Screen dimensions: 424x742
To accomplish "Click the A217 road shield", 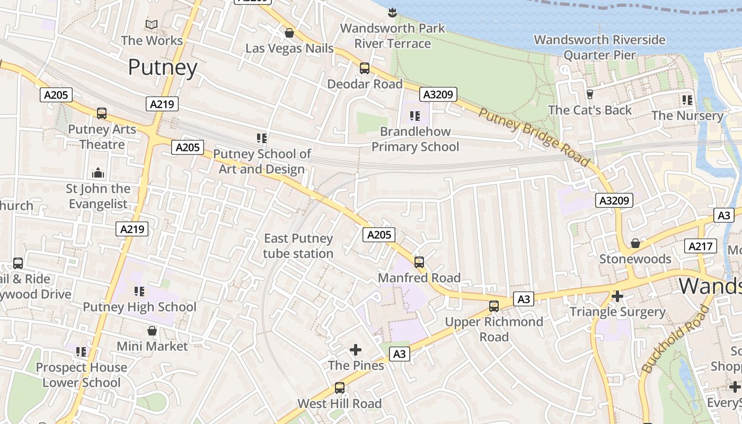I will [701, 246].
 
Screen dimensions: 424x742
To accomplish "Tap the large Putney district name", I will [163, 67].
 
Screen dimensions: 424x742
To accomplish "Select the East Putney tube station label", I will [298, 246].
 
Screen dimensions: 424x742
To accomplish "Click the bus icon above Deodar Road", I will [365, 68].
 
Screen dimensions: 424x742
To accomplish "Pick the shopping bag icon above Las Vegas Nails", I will [289, 33].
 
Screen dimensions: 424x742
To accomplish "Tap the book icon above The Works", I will [152, 24].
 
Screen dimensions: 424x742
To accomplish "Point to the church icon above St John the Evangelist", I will [98, 173].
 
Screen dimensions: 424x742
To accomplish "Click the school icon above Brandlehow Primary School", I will [415, 115].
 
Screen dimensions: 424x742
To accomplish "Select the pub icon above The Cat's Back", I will [589, 94].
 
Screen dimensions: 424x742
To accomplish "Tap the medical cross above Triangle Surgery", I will [617, 296].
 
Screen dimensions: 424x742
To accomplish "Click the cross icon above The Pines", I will [356, 350].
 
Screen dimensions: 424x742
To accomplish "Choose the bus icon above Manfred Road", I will [419, 262].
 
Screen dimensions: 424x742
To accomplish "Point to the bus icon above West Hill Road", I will [339, 388].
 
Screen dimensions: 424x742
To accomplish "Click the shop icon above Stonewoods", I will [635, 243].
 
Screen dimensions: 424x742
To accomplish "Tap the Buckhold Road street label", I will [675, 339].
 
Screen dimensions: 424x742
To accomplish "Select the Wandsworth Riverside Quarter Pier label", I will [599, 47].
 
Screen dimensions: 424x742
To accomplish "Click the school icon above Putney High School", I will [139, 291].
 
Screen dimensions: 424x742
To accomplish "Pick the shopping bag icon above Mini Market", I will [152, 331].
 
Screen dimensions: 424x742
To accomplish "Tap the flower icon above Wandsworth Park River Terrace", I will [392, 12].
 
